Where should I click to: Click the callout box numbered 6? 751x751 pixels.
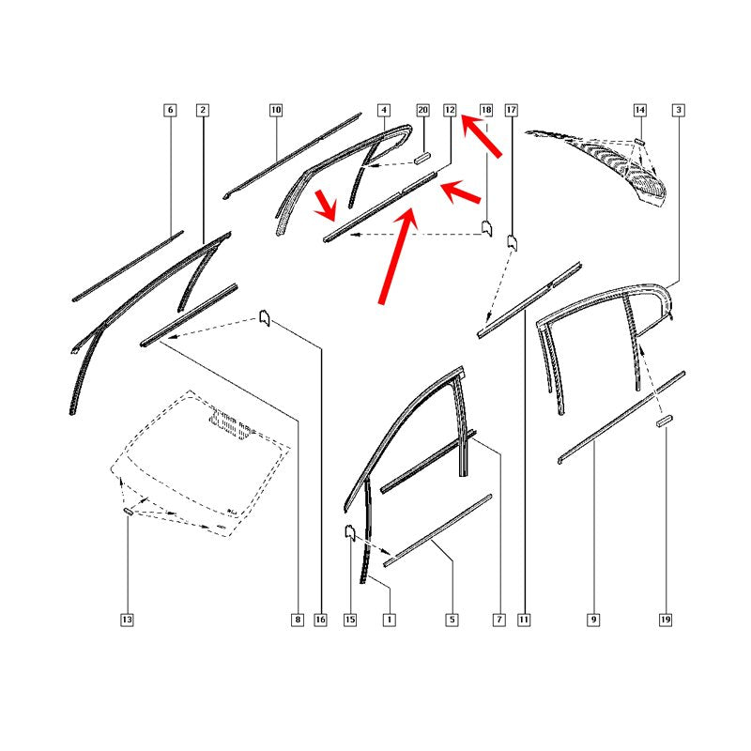tap(170, 110)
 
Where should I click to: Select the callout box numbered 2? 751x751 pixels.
tap(203, 110)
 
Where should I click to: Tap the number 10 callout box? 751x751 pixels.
tap(276, 110)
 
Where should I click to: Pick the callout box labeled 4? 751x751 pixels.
tap(384, 110)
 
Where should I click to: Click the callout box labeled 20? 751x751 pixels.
tap(422, 110)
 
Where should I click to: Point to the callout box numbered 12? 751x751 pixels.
tap(450, 110)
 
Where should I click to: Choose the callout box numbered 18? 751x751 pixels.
tap(486, 110)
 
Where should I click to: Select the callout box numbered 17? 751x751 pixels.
tap(512, 110)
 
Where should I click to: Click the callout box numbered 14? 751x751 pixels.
tap(640, 110)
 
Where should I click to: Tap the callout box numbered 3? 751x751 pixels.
tap(678, 110)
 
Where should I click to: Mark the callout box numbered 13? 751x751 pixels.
tap(127, 620)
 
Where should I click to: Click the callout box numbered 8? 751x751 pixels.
tap(298, 620)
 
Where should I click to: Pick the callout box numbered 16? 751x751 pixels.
tap(320, 620)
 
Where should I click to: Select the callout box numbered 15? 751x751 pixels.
tap(350, 620)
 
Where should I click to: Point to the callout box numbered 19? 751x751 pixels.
tap(666, 620)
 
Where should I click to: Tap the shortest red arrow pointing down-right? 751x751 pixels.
tap(326, 205)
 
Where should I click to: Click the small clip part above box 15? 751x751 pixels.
tap(350, 532)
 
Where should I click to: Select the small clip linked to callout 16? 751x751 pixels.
tap(265, 317)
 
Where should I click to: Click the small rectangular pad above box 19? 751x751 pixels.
tap(665, 421)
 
